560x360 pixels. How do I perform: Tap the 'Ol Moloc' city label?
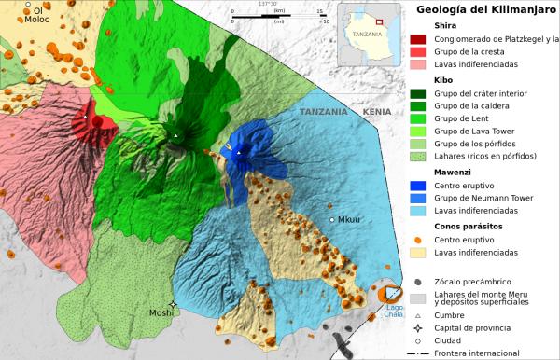(x=36, y=15)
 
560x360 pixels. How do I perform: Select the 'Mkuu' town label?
(x=349, y=220)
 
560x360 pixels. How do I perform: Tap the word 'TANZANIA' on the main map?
(x=323, y=111)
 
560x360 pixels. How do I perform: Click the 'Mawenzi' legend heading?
(x=455, y=172)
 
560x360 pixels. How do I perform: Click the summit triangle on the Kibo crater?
(x=175, y=137)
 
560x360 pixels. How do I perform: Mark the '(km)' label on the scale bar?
(x=279, y=12)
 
